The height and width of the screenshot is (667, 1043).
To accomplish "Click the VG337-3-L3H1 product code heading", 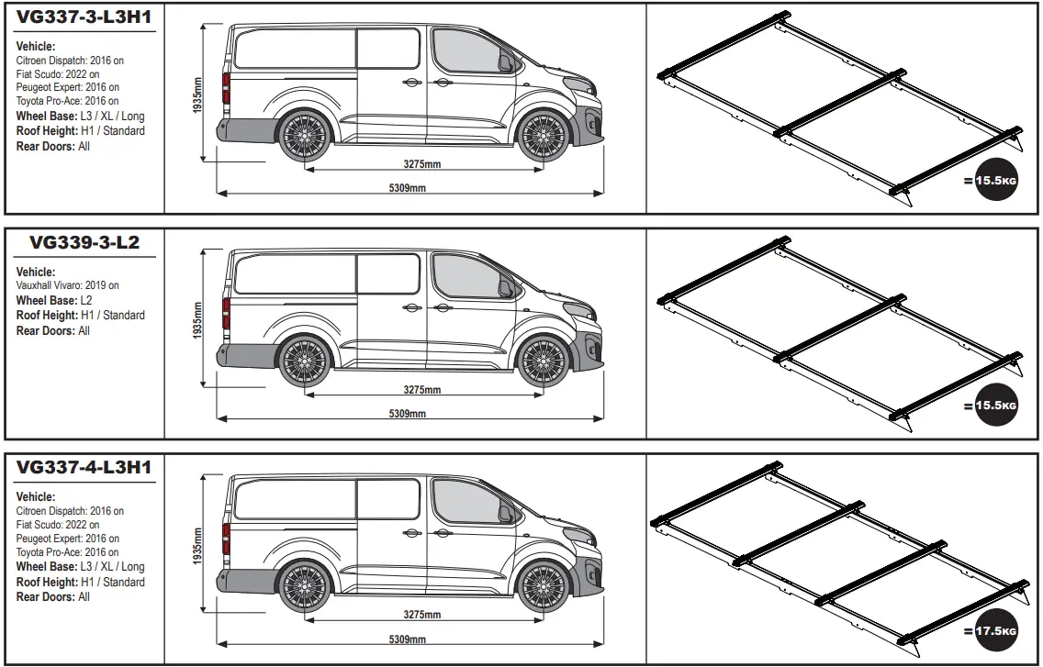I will coord(84,17).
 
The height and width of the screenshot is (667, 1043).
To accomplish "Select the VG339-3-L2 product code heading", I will coord(84,243).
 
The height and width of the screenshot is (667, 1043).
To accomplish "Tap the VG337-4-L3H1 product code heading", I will coord(84,468).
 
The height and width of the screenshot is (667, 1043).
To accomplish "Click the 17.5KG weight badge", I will coord(996,631).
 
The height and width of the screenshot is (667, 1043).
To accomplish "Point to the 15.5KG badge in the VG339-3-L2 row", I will coord(996,406).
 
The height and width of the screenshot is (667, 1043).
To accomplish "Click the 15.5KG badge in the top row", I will coord(996,181).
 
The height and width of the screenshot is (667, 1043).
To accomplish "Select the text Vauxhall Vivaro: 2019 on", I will coord(67,285).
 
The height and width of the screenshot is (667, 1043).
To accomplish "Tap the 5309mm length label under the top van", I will coord(408,188).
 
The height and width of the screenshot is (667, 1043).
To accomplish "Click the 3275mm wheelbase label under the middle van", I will coord(422,390).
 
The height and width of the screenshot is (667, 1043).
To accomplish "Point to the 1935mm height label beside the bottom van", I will coord(198,547).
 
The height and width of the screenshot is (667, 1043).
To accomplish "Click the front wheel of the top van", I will coord(543,136).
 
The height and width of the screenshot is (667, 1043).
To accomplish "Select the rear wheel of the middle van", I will coord(304,361).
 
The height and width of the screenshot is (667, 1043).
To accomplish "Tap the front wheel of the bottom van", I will coord(543,585).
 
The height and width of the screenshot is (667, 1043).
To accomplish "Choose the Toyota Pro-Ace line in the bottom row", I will coord(67,552).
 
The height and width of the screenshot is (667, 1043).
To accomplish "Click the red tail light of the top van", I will coord(225,88).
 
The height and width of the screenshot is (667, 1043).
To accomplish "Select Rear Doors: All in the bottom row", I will coord(53,597).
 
